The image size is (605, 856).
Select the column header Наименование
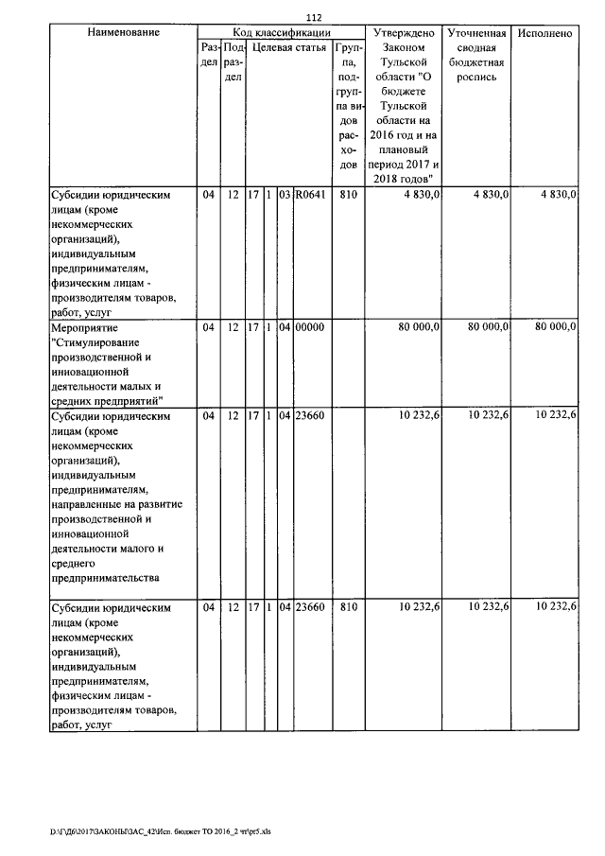click(x=123, y=33)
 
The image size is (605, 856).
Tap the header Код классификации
click(x=280, y=33)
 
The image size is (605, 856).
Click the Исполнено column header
click(x=545, y=33)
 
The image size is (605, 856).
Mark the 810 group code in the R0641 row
click(x=348, y=196)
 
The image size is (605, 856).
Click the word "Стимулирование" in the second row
click(x=95, y=342)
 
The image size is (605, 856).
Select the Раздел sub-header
click(x=209, y=54)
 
